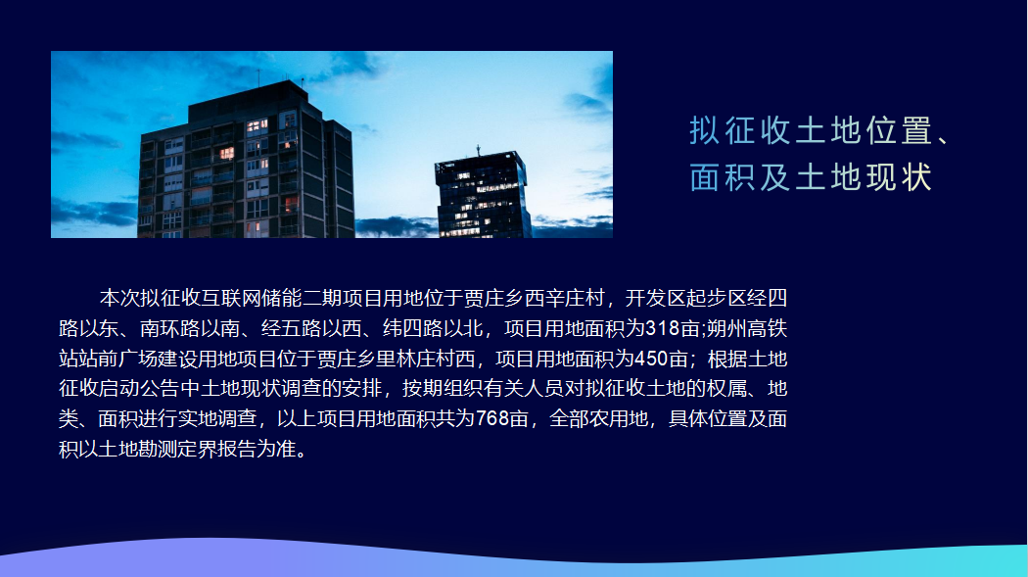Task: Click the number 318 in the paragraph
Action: pyautogui.click(x=662, y=328)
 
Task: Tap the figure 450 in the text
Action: pyautogui.click(x=651, y=359)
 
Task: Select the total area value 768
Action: pyautogui.click(x=492, y=418)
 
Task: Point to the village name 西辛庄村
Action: pyautogui.click(x=565, y=299)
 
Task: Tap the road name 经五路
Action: pyautogui.click(x=291, y=328)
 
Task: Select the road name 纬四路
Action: pyautogui.click(x=412, y=328)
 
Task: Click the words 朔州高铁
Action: pyautogui.click(x=747, y=328)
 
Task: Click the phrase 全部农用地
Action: pyautogui.click(x=598, y=418)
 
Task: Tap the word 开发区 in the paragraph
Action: pyautogui.click(x=656, y=299)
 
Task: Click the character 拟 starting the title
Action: pyautogui.click(x=704, y=130)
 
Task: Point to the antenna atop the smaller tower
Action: pyautogui.click(x=478, y=151)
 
